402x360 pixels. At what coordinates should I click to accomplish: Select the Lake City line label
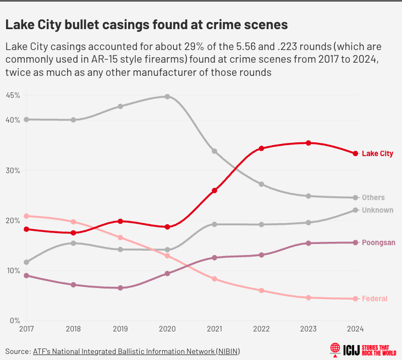tap(377, 154)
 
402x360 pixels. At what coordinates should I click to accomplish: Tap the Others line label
tap(373, 198)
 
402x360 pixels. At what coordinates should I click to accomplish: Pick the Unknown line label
tap(377, 211)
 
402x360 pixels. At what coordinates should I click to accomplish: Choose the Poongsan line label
tap(378, 243)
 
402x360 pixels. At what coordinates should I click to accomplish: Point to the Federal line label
tap(375, 299)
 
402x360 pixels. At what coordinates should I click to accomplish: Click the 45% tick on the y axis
tap(13, 95)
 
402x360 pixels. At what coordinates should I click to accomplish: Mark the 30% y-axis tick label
tap(13, 170)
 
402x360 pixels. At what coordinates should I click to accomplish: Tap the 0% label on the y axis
tap(15, 320)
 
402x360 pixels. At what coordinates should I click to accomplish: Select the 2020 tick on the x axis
tap(167, 329)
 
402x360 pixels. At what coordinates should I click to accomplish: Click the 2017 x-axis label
tap(26, 329)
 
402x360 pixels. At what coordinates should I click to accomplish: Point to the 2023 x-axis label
tap(309, 329)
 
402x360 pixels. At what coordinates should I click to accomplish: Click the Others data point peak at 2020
tap(167, 97)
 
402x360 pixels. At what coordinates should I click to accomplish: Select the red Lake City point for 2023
tap(309, 143)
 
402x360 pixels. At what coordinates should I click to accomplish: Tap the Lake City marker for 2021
tap(214, 191)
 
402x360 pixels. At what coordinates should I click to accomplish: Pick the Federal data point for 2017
tap(26, 216)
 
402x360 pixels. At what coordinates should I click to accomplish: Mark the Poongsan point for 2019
tap(120, 288)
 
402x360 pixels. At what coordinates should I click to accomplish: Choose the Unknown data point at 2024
tap(356, 211)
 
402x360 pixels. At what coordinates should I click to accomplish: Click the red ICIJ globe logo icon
tap(334, 349)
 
